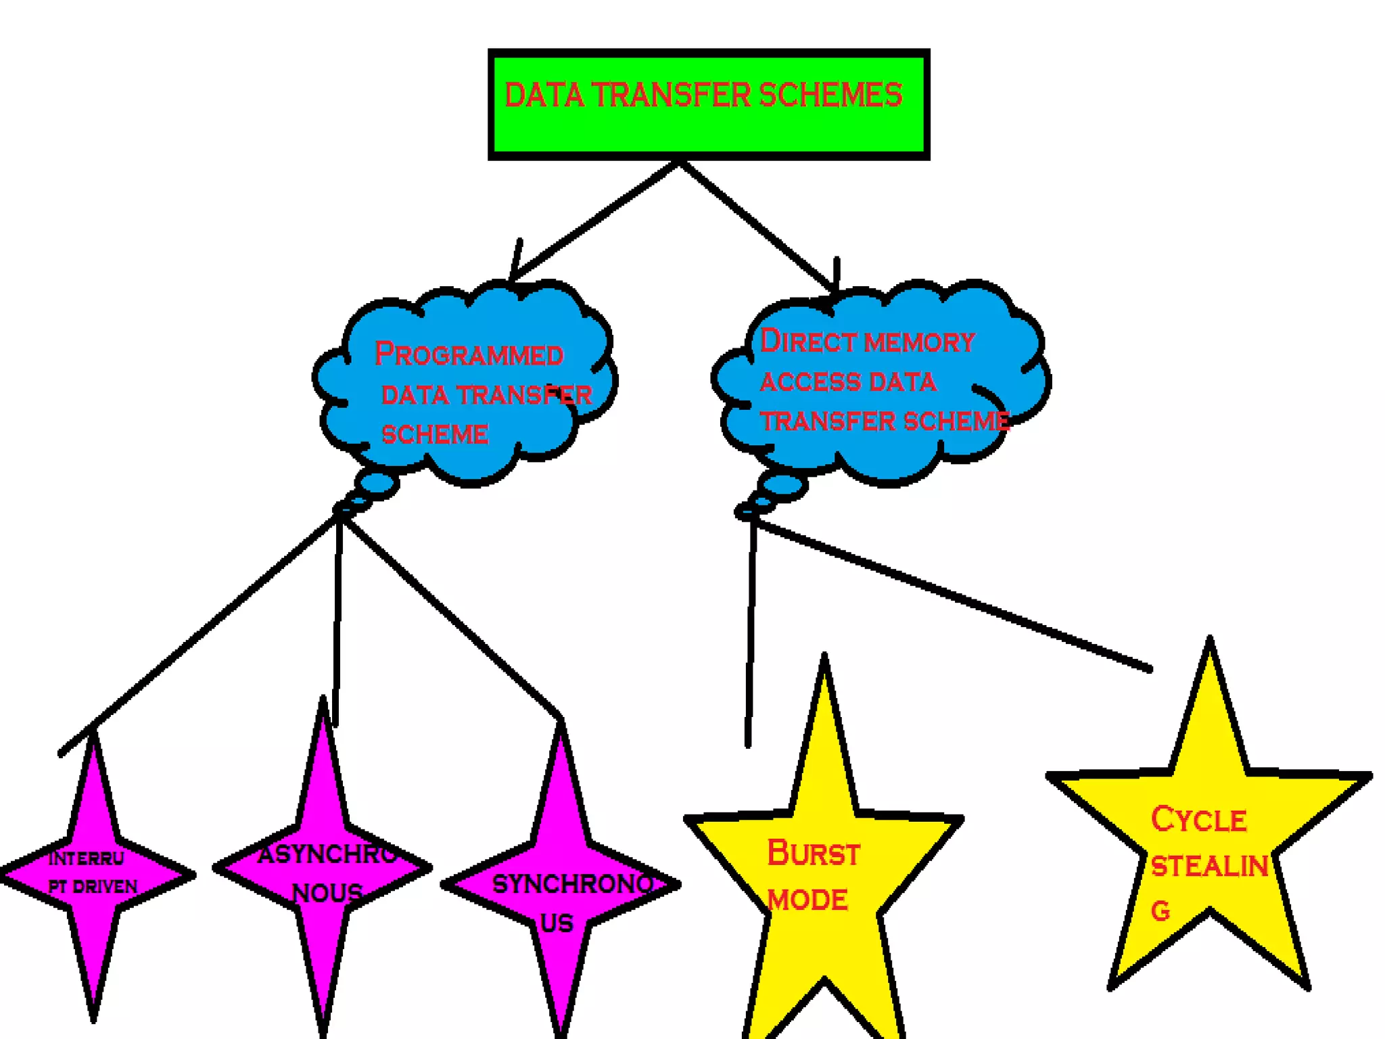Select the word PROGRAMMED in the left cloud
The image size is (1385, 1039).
[469, 354]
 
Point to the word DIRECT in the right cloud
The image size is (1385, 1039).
[807, 342]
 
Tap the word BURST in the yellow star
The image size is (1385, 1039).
[813, 854]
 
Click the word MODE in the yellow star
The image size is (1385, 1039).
[807, 900]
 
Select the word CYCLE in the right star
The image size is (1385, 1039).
[1198, 820]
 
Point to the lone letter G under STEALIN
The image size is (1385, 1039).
[1160, 911]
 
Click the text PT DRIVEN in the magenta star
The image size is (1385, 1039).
[93, 887]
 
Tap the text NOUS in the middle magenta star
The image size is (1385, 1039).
[327, 893]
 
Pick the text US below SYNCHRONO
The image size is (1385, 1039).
[557, 923]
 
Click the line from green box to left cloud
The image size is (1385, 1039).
[595, 220]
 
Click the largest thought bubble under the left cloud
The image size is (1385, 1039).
[377, 484]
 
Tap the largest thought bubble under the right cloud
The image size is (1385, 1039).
[782, 485]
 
